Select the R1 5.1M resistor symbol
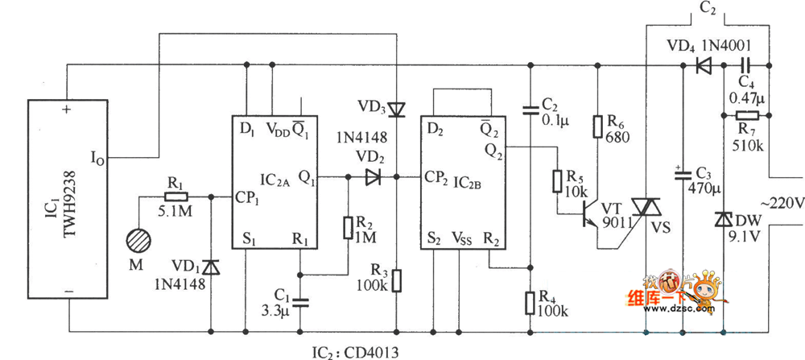click(175, 197)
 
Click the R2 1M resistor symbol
click(349, 228)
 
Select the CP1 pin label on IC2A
click(248, 197)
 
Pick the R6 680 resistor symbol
click(597, 127)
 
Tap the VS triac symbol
click(646, 207)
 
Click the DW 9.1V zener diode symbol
click(722, 219)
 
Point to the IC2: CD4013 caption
click(354, 352)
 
